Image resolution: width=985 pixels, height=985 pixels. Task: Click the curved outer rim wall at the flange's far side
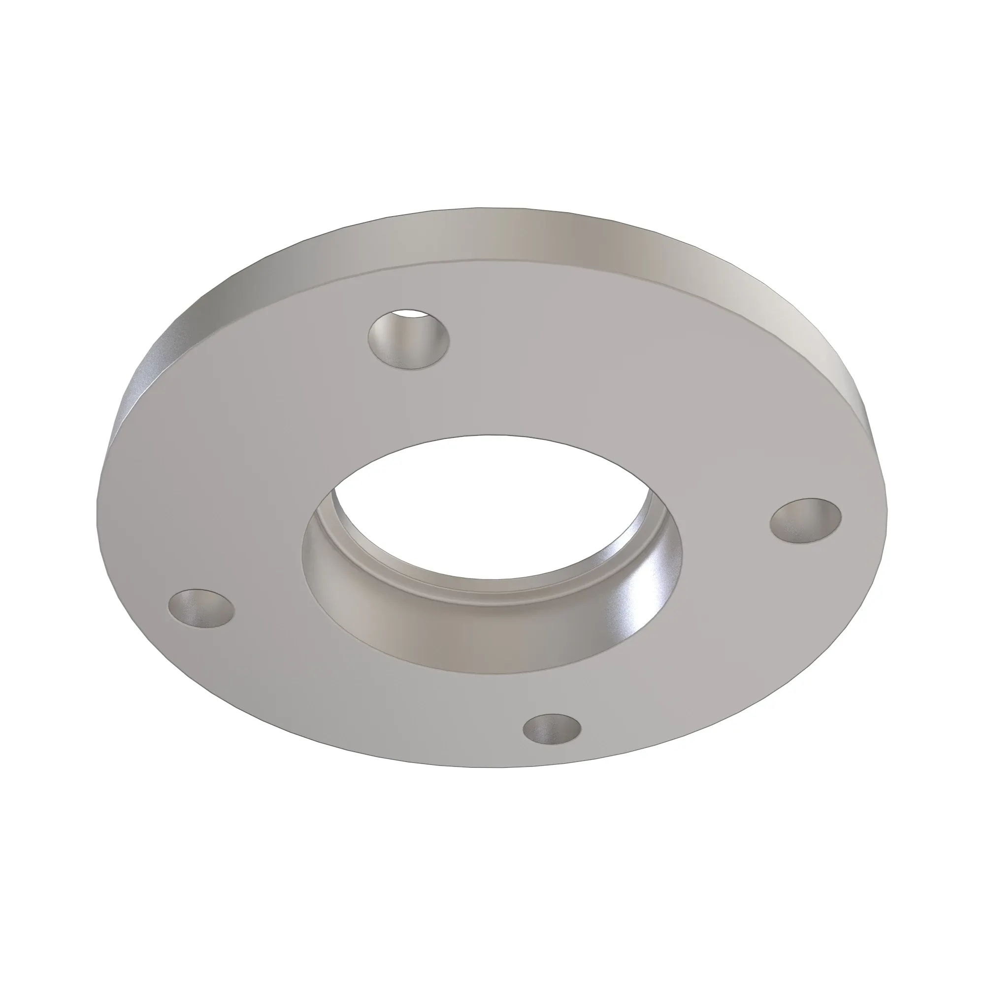(510, 234)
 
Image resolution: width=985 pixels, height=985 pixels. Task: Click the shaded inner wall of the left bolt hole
(189, 607)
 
